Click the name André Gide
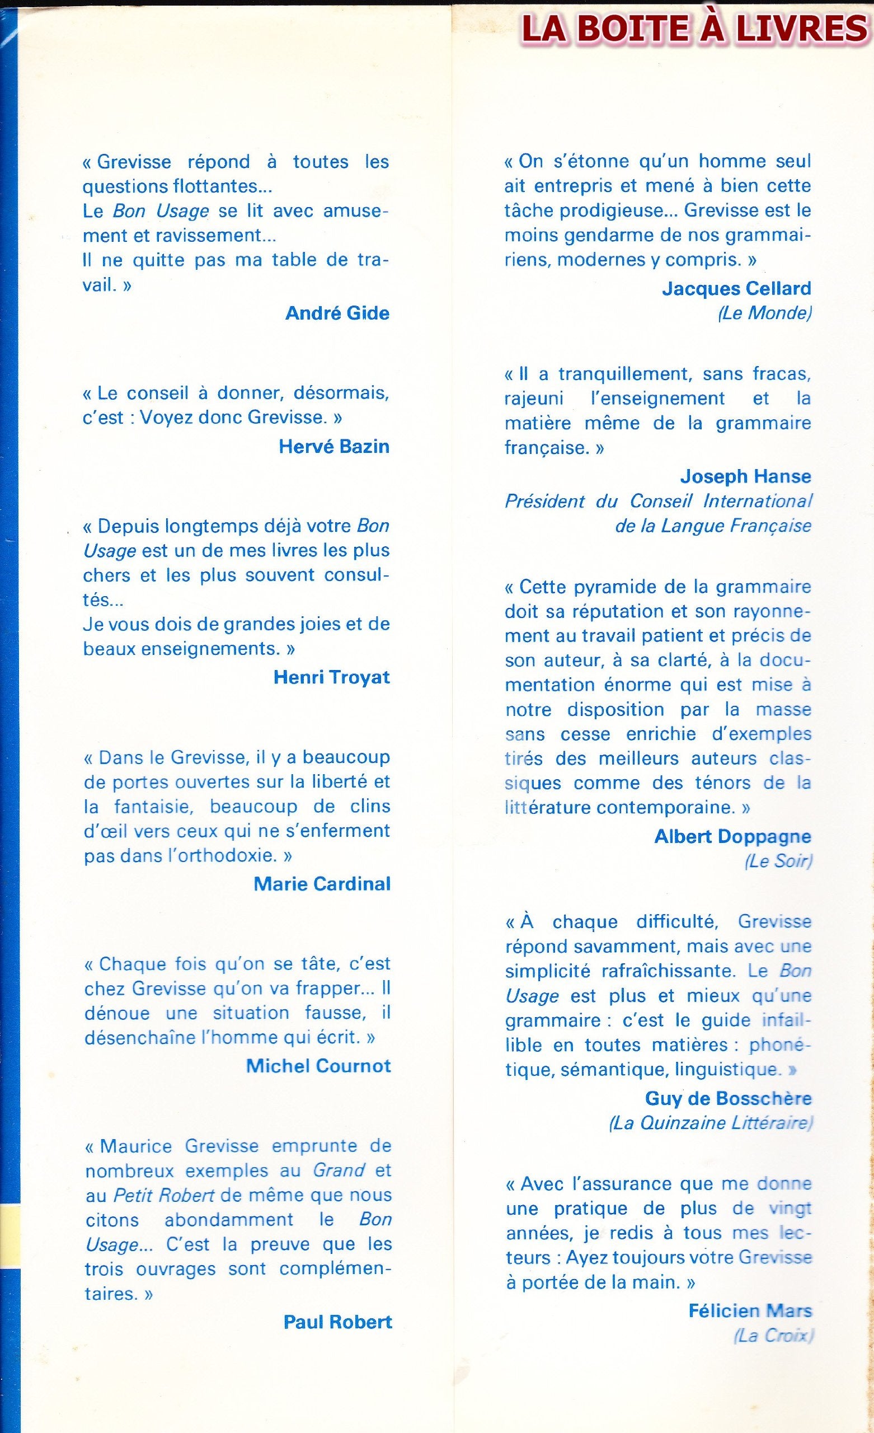coord(337,313)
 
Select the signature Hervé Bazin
coord(334,446)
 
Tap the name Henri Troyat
coord(331,677)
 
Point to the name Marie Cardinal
coord(322,883)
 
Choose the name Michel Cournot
coord(319,1065)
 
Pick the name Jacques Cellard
coord(736,288)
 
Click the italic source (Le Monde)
coord(764,313)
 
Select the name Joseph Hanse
coord(745,476)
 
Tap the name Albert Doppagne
coord(732,836)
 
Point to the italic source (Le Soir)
coord(778,861)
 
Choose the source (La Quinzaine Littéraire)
coord(710,1122)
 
